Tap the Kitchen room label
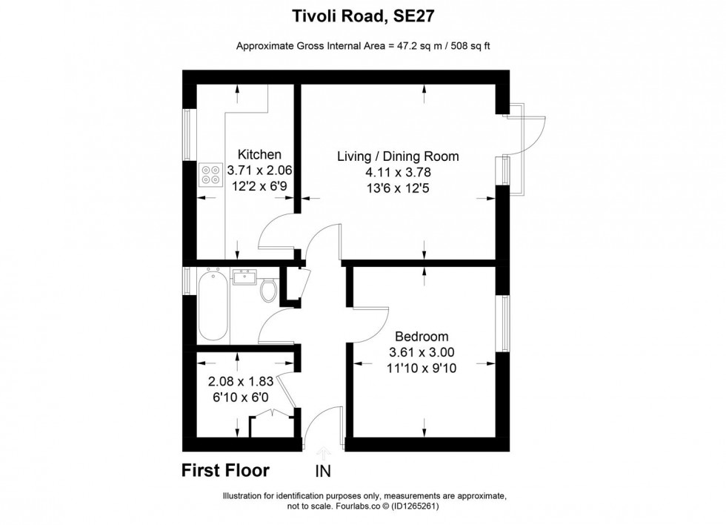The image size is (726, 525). coord(259,155)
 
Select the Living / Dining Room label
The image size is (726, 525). coord(398,156)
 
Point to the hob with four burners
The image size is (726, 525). coord(210,175)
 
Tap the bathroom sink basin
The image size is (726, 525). coord(245,277)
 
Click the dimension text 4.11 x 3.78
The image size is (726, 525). coord(398,172)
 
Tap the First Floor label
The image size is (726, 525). coord(226,470)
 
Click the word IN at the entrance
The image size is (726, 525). coord(323,471)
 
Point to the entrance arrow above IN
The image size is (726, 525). coord(323,452)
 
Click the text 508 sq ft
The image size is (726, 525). coord(466,46)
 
